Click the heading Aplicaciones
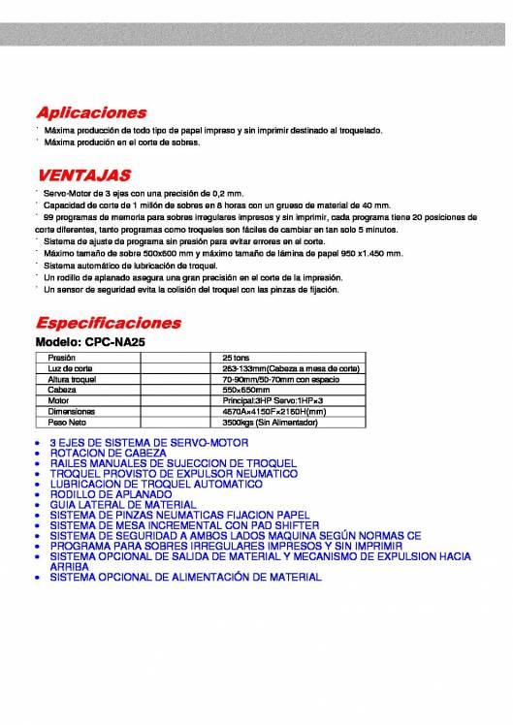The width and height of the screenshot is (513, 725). point(91,112)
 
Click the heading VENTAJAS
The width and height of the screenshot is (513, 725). point(83,176)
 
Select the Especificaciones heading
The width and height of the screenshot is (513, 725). point(108,322)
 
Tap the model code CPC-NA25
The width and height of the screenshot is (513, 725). point(117,342)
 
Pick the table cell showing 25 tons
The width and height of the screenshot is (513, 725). point(236,358)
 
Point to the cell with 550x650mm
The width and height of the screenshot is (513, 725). point(246,390)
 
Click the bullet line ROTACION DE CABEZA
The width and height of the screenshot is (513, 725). point(101,453)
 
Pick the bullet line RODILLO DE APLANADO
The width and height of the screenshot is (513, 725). point(111,493)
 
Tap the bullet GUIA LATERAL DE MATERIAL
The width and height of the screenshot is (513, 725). point(122,504)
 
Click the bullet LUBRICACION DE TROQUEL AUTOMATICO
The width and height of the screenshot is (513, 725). point(156,484)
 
